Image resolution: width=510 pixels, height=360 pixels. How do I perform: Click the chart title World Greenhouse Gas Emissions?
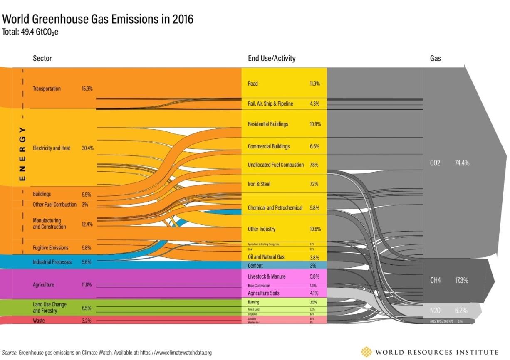click(98, 20)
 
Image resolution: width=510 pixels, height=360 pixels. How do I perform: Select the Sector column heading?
click(42, 58)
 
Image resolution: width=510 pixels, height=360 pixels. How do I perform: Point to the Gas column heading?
click(435, 59)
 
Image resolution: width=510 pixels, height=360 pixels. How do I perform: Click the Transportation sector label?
click(47, 89)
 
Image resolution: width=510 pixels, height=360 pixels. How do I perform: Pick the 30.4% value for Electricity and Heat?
click(87, 148)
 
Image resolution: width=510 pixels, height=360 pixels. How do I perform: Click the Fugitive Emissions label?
click(50, 248)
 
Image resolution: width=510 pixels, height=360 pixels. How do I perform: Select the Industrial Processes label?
click(52, 262)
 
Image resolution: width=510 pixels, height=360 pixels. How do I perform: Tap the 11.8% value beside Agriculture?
click(87, 285)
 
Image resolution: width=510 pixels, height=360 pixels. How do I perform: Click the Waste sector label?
click(38, 321)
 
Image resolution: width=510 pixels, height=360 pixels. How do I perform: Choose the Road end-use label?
click(253, 84)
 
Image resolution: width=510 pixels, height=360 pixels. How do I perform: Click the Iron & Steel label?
click(259, 184)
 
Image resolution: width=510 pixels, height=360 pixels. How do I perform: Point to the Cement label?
click(255, 265)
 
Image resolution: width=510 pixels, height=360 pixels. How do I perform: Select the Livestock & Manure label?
click(267, 276)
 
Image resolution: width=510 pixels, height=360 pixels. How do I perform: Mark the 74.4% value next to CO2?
click(462, 163)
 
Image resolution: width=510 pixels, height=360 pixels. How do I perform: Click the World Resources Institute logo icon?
click(366, 352)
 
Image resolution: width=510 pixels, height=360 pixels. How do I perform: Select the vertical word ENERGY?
click(23, 154)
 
